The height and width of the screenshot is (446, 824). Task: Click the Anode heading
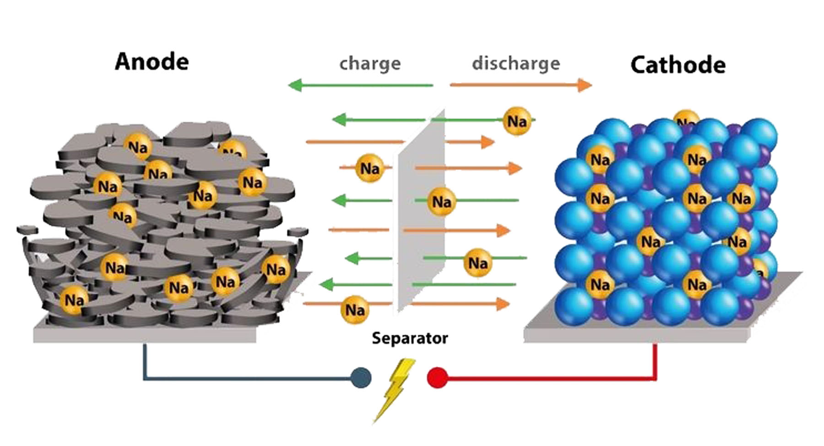coord(152,62)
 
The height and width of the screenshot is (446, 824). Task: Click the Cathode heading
coord(678,65)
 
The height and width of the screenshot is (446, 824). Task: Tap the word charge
coord(370,63)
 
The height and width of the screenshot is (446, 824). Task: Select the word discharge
coord(516,63)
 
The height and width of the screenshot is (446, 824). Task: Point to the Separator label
coord(410,338)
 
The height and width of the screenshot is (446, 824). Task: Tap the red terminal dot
coord(437,378)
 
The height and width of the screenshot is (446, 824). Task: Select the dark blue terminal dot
coord(361,378)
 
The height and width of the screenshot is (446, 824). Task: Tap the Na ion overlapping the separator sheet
coord(441,201)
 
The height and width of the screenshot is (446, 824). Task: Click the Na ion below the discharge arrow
coord(517,121)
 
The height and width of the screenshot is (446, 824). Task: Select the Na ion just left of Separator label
coord(355,310)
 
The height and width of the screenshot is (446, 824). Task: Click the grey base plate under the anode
coord(144,336)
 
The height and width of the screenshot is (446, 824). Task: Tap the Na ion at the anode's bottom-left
coord(74,300)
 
